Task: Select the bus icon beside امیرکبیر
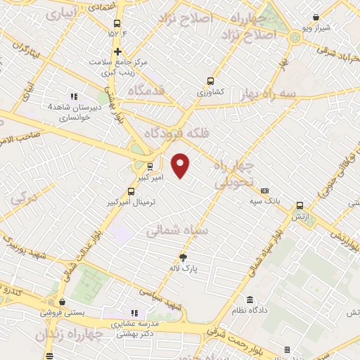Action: pyautogui.click(x=150, y=167)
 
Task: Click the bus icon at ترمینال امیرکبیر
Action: pyautogui.click(x=131, y=191)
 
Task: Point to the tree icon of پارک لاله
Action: pyautogui.click(x=183, y=257)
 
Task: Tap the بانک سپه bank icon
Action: pyautogui.click(x=264, y=191)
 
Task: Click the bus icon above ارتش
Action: pyautogui.click(x=300, y=205)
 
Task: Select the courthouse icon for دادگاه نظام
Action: pyautogui.click(x=251, y=300)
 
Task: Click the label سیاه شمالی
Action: pyautogui.click(x=177, y=231)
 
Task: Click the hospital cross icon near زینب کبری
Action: pyautogui.click(x=118, y=51)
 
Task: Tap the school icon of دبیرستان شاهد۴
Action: pyautogui.click(x=73, y=96)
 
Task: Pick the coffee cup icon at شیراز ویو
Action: pyautogui.click(x=316, y=17)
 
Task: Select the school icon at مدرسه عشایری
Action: pyautogui.click(x=134, y=314)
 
